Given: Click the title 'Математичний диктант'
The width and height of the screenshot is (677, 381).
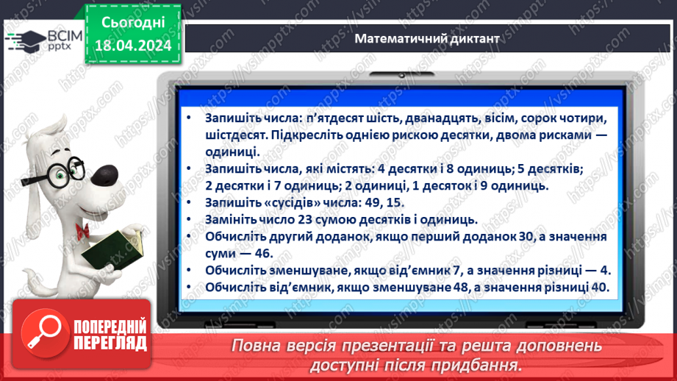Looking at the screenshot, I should tap(426, 38).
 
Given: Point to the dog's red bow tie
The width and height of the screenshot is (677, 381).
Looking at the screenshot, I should tap(82, 229).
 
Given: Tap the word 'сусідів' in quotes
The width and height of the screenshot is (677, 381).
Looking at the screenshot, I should tap(295, 202).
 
